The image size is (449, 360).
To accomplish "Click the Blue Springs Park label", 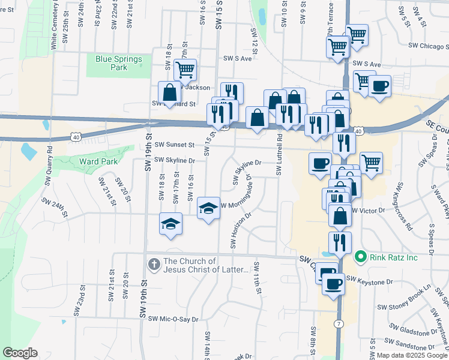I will (x=119, y=63).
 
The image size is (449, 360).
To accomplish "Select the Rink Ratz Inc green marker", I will (x=360, y=257).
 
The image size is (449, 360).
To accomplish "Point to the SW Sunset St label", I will (x=175, y=145).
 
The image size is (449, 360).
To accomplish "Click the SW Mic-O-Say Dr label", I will (x=173, y=319).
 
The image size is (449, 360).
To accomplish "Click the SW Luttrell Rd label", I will (x=279, y=155).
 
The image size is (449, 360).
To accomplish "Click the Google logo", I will (x=19, y=353).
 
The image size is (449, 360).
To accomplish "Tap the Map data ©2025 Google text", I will (x=411, y=356).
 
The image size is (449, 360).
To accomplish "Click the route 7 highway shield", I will (x=339, y=325).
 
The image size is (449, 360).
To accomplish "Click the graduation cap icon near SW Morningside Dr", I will (x=209, y=208).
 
